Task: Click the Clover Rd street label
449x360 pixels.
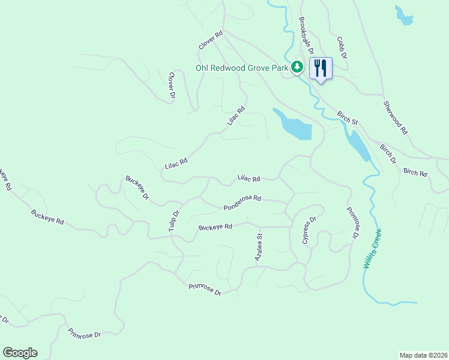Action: (x=211, y=40)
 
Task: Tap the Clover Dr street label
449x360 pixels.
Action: (x=171, y=85)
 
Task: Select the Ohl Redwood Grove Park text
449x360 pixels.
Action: (x=242, y=68)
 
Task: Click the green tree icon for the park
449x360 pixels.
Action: (x=297, y=67)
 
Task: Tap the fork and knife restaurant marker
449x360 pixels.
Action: (x=321, y=68)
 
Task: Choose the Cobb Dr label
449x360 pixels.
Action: (x=342, y=47)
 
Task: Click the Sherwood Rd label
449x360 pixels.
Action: (x=396, y=117)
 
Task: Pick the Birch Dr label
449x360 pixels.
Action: (x=388, y=154)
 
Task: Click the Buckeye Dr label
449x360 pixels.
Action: (x=137, y=188)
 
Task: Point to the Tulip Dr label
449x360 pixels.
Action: (x=174, y=221)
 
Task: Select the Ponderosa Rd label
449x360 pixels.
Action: (x=243, y=202)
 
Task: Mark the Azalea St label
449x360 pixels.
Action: (x=259, y=248)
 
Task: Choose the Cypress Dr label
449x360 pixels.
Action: (x=309, y=230)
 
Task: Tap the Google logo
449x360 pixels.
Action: (x=20, y=353)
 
